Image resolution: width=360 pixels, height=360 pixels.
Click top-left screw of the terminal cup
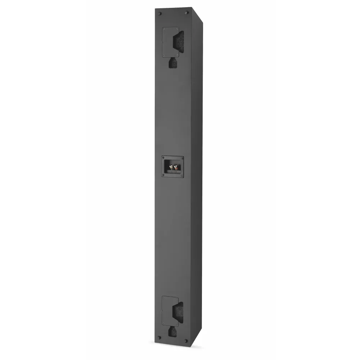click(163, 158)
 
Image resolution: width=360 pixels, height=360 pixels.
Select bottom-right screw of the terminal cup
click(181, 175)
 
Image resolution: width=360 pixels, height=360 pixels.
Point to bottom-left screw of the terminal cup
click(163, 175)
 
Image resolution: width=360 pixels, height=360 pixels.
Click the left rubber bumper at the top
click(160, 13)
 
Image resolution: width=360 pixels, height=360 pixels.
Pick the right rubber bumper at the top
click(186, 13)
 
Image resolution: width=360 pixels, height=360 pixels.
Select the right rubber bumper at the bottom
click(186, 341)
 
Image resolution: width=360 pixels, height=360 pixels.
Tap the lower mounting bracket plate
click(170, 312)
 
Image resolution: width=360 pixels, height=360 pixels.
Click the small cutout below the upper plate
click(173, 63)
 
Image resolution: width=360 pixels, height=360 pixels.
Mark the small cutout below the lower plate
click(173, 332)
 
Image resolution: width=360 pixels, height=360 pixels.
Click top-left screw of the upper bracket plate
click(164, 29)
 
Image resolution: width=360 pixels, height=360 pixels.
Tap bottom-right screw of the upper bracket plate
click(176, 55)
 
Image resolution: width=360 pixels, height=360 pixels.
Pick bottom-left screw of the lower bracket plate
click(164, 325)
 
